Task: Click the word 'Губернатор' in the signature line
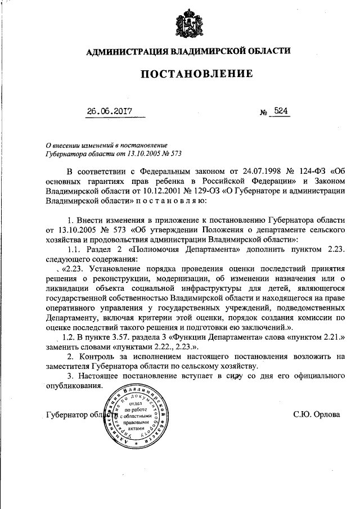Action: pyautogui.click(x=67, y=415)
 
